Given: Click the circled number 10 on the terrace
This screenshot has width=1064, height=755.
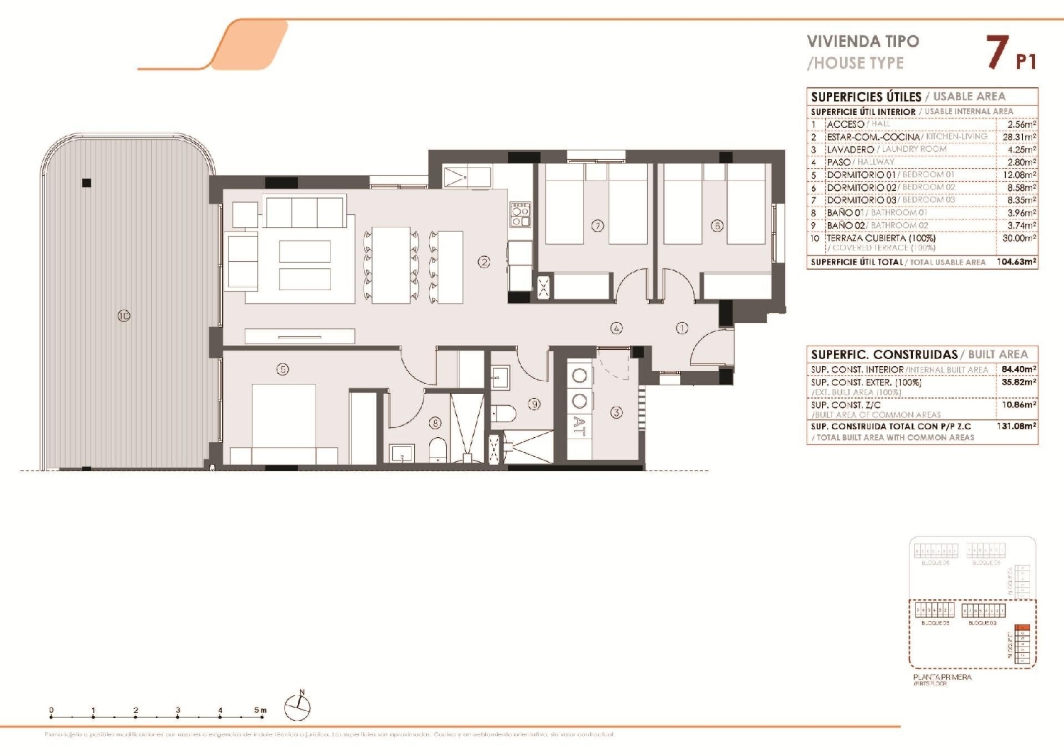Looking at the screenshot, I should coord(123,316).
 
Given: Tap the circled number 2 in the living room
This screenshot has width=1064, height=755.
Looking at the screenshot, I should coord(484,262).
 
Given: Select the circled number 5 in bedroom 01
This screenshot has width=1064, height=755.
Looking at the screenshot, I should coord(282,369).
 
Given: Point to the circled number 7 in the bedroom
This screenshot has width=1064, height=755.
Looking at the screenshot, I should coord(597,226).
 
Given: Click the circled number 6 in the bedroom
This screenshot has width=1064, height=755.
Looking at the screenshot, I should coord(717,226).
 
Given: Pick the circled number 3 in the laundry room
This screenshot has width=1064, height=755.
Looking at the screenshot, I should coord(616,412).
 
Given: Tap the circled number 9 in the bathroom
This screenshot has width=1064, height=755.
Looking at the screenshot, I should coord(534,404).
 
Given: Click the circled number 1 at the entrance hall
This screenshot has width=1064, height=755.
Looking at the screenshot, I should coord(682,328).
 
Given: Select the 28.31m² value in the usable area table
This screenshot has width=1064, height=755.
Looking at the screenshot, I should coord(1019,137).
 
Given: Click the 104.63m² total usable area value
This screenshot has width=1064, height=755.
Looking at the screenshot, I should coord(1016,262).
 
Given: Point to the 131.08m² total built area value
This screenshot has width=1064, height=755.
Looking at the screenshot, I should coord(1016,426).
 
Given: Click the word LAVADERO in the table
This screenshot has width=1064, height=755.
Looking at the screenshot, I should coord(850,150).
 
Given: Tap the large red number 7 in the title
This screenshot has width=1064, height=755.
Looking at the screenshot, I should coord(997,53).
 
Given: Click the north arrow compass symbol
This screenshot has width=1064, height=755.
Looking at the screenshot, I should coord(298,706).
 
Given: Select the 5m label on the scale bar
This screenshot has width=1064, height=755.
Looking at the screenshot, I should coord(260,710).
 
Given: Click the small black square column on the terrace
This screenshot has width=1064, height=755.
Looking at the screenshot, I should coord(87,183).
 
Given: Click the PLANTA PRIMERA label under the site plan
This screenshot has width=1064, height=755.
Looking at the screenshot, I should coord(942,677).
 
